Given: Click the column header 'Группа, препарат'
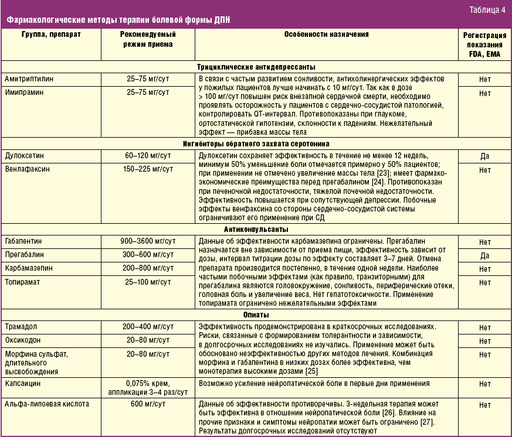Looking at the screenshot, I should pyautogui.click(x=51, y=35).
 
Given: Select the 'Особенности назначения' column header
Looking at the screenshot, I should pyautogui.click(x=327, y=35).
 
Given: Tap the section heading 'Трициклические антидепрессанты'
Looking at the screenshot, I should pyautogui.click(x=256, y=67).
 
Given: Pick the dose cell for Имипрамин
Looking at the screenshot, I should pyautogui.click(x=148, y=93).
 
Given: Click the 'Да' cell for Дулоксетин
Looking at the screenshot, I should pyautogui.click(x=484, y=156).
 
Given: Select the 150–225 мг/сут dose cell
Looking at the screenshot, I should pyautogui.click(x=148, y=169).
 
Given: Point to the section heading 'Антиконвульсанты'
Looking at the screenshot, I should pyautogui.click(x=256, y=230).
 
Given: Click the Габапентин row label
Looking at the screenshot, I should pyautogui.click(x=27, y=241).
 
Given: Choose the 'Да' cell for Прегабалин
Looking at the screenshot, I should pyautogui.click(x=484, y=256).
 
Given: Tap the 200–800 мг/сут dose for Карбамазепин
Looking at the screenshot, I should pyautogui.click(x=148, y=268).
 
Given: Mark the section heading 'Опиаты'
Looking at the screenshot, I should pyautogui.click(x=256, y=315).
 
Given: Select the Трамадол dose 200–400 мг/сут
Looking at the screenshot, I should pyautogui.click(x=148, y=326).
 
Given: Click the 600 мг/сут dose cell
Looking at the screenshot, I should pyautogui.click(x=148, y=404).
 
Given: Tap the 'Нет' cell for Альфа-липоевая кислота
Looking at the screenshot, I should pyautogui.click(x=484, y=405).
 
